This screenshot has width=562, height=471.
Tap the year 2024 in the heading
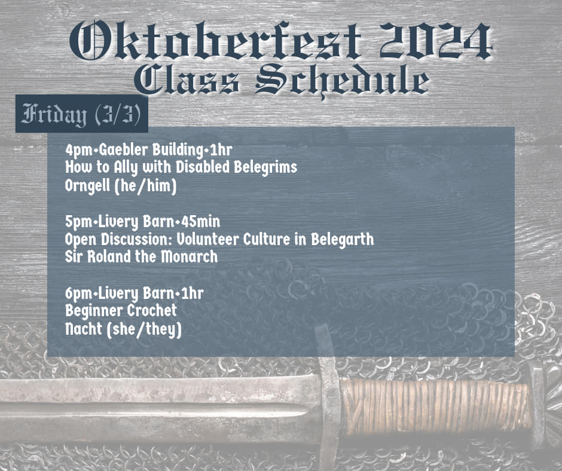[436, 40]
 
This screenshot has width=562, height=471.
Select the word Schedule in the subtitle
[343, 80]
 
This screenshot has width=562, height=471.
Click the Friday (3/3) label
[81, 114]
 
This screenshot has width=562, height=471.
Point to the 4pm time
[79, 150]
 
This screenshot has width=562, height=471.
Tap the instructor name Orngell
[87, 186]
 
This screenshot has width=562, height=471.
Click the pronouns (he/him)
[145, 186]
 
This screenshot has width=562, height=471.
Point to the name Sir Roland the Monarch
[141, 256]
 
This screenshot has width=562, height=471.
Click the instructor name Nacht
[84, 329]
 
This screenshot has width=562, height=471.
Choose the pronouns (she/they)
[144, 329]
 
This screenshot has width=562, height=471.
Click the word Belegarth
[343, 240]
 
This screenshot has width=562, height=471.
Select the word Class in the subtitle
[187, 80]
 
